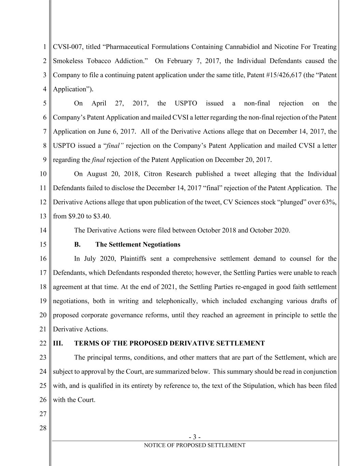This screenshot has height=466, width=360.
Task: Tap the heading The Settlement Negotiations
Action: click(138, 244)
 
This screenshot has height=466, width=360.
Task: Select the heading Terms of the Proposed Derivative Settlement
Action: click(169, 343)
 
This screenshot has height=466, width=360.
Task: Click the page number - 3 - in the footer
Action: click(195, 437)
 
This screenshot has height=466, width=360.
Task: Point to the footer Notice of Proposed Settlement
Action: click(195, 445)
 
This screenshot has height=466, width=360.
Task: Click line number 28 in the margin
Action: click(43, 428)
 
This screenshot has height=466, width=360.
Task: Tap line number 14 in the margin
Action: click(43, 230)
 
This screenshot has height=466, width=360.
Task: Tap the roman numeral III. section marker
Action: click(58, 343)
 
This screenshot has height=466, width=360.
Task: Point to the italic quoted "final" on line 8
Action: click(113, 146)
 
